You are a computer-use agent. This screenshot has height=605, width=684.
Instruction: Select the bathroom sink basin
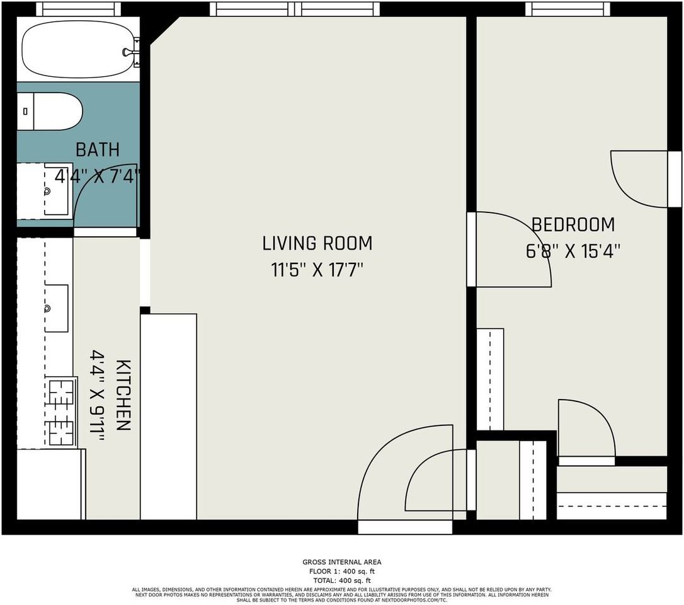pyautogui.click(x=53, y=190)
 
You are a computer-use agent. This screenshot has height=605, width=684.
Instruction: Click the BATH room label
pyautogui.click(x=98, y=150)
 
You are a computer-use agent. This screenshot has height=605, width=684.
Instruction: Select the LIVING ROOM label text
pyautogui.click(x=317, y=243)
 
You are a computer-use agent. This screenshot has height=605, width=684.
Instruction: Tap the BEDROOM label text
pyautogui.click(x=573, y=225)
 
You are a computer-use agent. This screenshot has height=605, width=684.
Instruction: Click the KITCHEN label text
pyautogui.click(x=123, y=395)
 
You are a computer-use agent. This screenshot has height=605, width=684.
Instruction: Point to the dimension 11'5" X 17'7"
pyautogui.click(x=317, y=270)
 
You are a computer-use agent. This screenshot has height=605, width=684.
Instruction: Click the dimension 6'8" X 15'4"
pyautogui.click(x=573, y=251)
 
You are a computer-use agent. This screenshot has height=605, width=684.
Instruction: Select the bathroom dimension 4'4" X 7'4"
pyautogui.click(x=98, y=176)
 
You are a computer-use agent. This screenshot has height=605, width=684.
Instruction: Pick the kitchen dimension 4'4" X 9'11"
pyautogui.click(x=98, y=395)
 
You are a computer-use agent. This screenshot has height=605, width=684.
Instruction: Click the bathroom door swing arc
pyautogui.click(x=101, y=202)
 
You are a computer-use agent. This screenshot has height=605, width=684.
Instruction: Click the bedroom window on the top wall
pyautogui.click(x=567, y=9)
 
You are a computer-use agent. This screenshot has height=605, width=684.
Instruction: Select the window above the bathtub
pyautogui.click(x=78, y=9)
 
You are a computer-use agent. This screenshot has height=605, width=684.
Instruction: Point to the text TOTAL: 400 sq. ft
pyautogui.click(x=341, y=580)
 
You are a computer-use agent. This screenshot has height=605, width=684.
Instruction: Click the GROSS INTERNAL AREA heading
pyautogui.click(x=341, y=562)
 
